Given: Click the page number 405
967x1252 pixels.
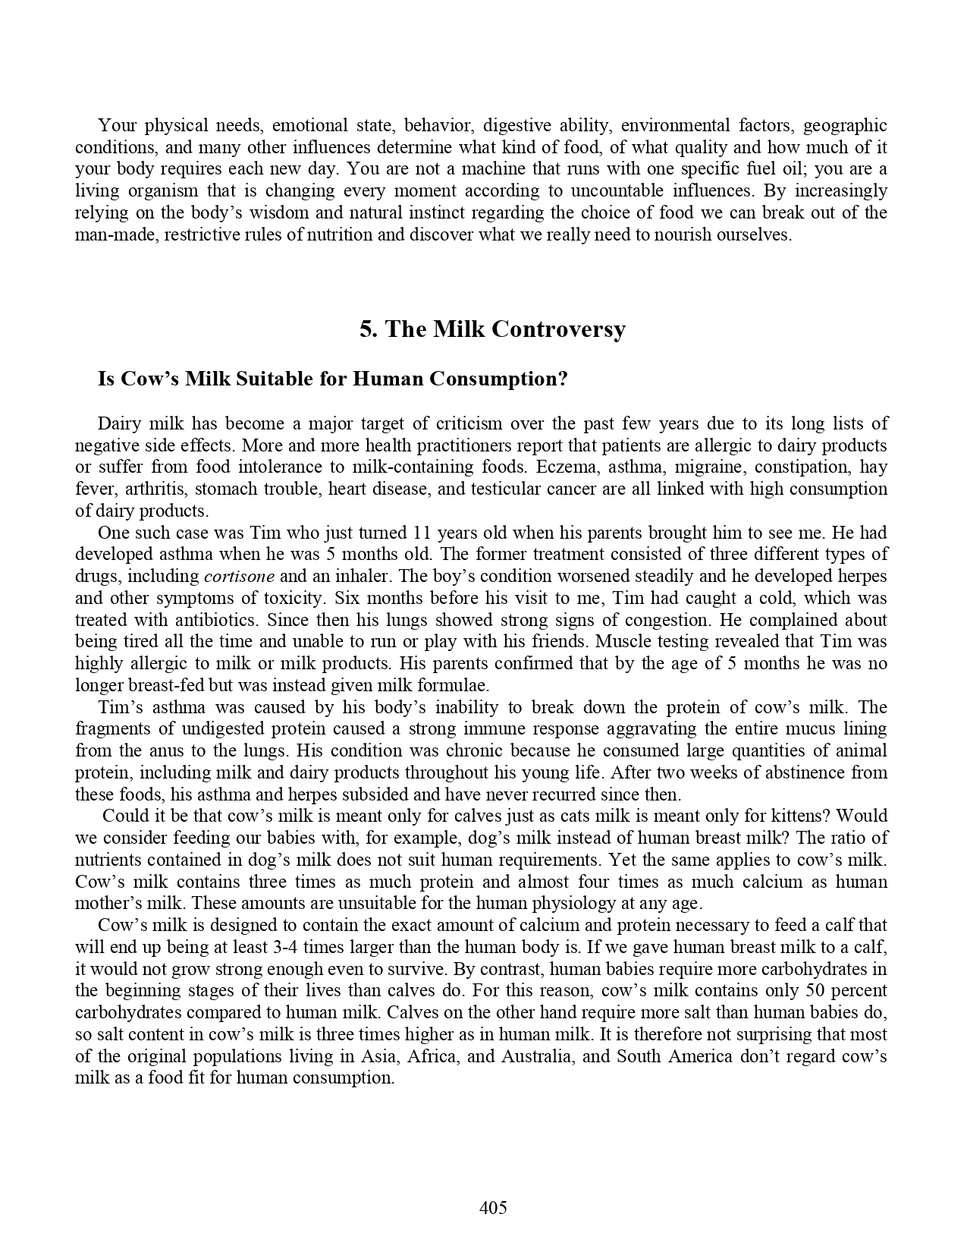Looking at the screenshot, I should click(493, 1207).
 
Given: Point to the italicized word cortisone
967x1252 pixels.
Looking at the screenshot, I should click(240, 576).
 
